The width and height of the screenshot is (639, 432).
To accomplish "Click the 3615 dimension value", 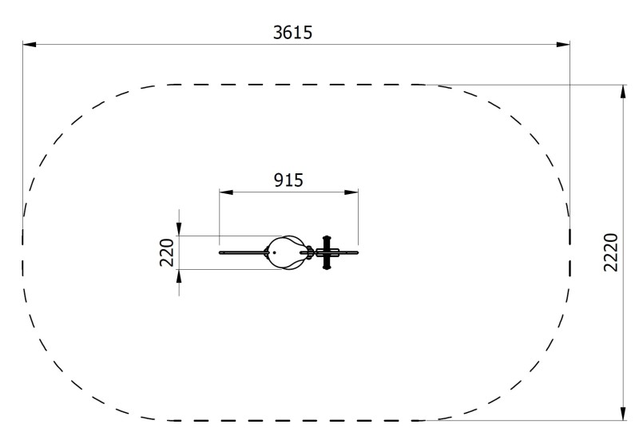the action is point(292,33).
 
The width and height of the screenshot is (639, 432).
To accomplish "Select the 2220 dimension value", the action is point(611,252).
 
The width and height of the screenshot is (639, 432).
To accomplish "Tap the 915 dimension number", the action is point(288,180).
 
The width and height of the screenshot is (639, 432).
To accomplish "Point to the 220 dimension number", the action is point(166,252).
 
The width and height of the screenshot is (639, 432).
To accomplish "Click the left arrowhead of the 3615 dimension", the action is point(30,44).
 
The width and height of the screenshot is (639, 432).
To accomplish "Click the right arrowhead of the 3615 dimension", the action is point(563,44).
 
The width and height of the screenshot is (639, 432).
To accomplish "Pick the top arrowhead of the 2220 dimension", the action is point(623,92).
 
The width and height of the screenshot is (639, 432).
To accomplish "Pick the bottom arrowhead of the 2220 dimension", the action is point(623,414).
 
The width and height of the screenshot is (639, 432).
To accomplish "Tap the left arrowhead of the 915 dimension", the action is point(226,192).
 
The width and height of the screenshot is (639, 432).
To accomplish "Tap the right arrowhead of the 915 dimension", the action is point(351,192).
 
